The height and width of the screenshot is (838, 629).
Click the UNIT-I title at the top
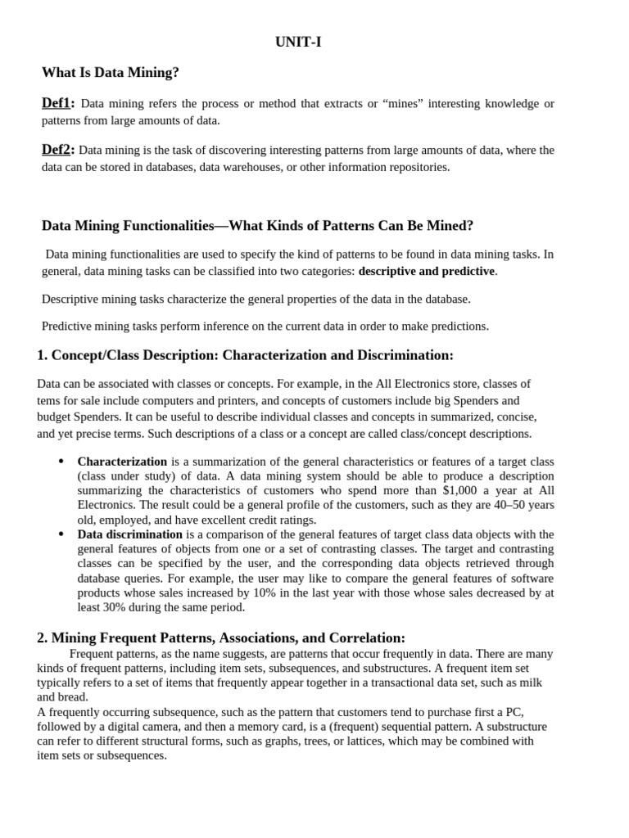click(298, 43)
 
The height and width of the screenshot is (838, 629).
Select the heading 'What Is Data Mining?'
click(111, 73)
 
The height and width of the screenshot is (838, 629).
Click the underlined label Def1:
click(58, 103)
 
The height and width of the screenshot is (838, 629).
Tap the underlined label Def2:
click(58, 150)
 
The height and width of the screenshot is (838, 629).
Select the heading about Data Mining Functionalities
click(257, 225)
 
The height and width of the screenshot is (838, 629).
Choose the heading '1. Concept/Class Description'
click(245, 355)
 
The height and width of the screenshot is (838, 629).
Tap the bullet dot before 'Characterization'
click(61, 462)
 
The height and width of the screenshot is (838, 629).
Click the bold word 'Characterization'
click(122, 462)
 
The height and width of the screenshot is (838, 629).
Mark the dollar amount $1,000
click(459, 491)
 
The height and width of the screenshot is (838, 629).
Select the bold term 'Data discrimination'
click(130, 534)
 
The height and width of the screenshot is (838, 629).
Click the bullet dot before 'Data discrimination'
click(61, 534)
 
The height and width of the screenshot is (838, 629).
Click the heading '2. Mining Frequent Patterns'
click(221, 638)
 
